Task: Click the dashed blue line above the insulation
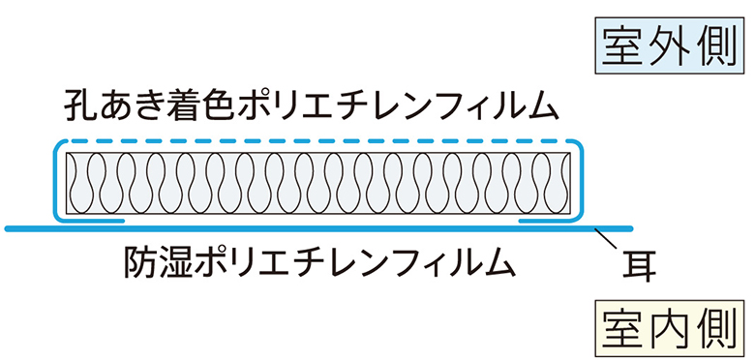click(x=319, y=141)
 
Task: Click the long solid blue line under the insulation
click(x=319, y=228)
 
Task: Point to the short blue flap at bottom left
click(x=92, y=221)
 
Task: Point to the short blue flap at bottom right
click(x=552, y=221)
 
